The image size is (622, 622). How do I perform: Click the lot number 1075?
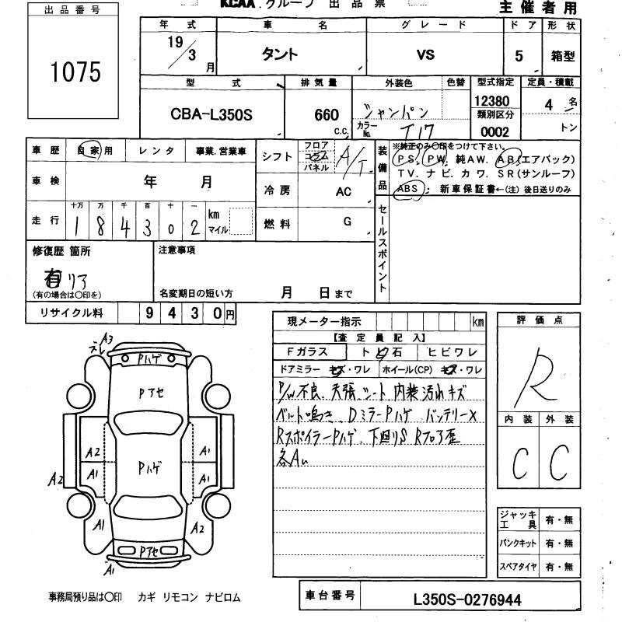click(76, 72)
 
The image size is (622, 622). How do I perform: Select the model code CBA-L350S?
click(211, 114)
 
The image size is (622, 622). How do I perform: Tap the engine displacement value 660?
click(327, 114)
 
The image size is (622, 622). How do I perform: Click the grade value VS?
click(425, 54)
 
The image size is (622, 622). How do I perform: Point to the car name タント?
click(278, 54)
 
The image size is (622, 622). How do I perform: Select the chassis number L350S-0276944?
click(469, 599)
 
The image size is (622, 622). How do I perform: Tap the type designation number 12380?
click(491, 102)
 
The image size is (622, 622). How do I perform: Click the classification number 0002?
click(494, 132)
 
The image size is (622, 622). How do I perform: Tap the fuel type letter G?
click(347, 222)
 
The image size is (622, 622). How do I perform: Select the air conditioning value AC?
click(344, 191)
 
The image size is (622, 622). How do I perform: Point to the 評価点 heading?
click(539, 320)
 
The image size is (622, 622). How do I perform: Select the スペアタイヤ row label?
click(518, 567)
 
